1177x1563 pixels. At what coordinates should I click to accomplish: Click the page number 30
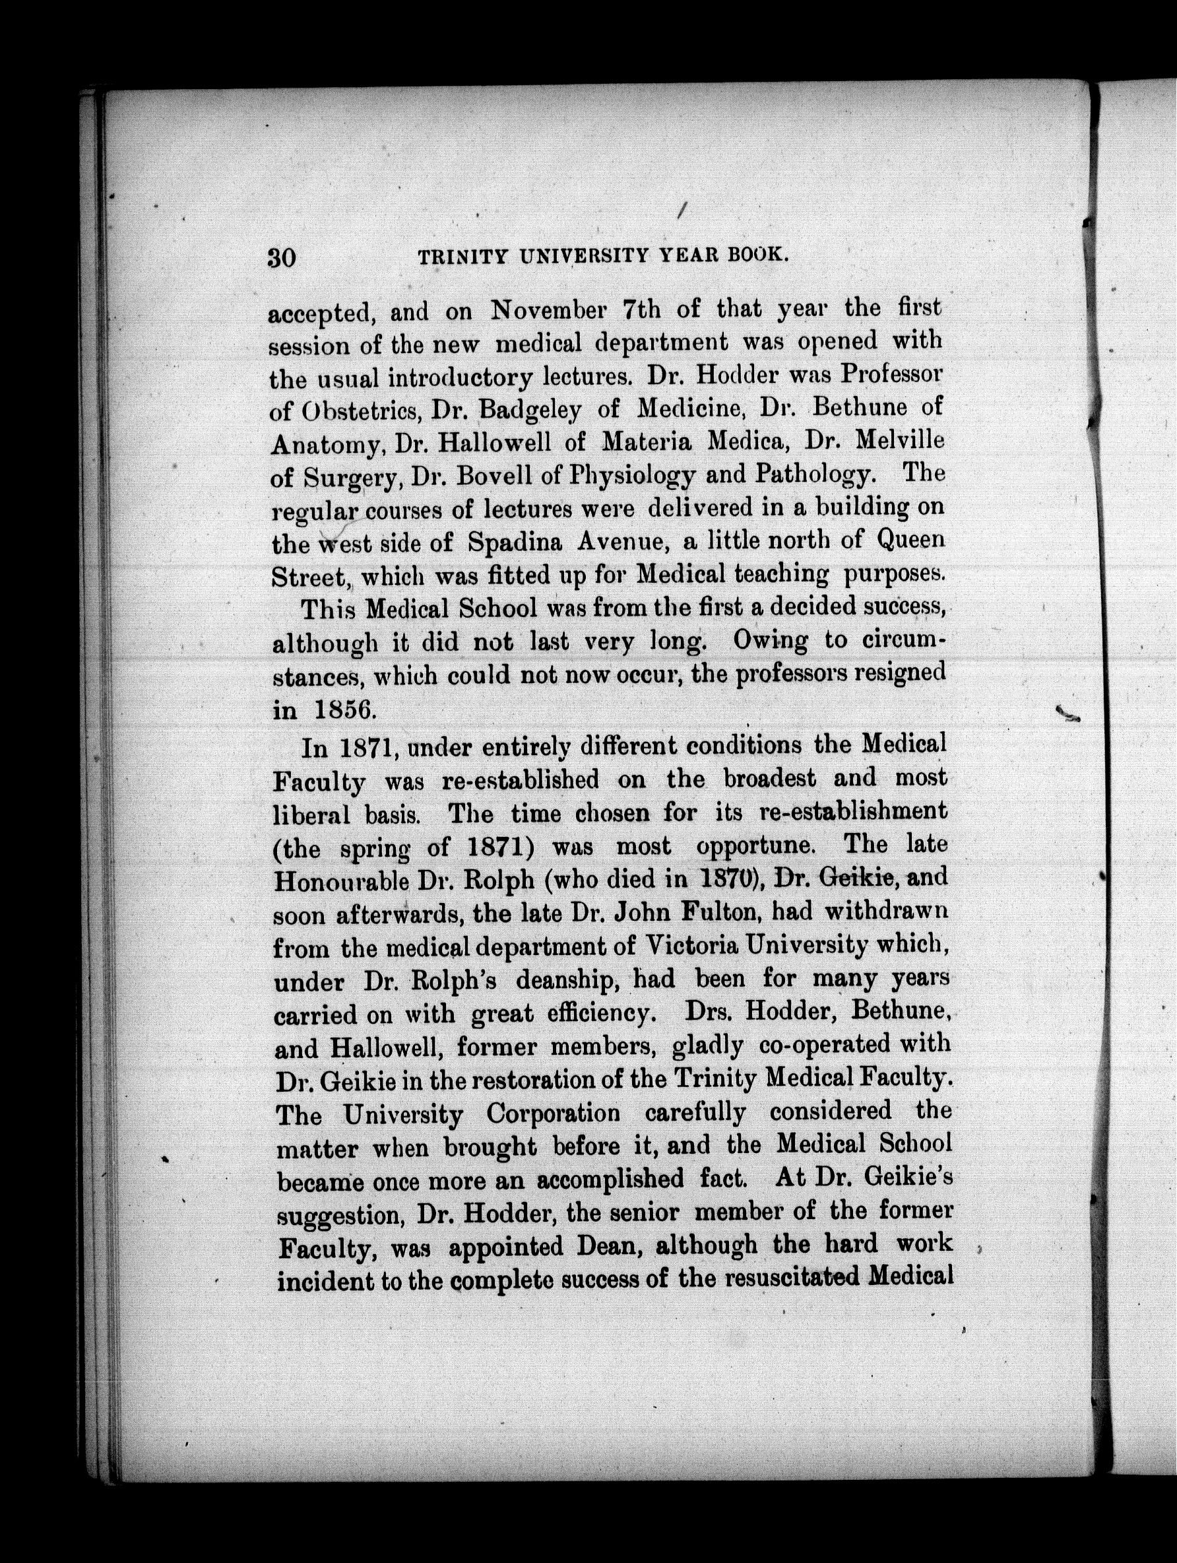click(281, 257)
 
